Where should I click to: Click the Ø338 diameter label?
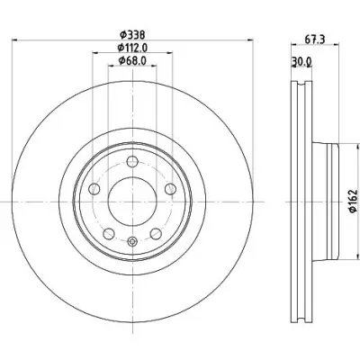click(132, 35)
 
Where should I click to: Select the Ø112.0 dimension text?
click(132, 48)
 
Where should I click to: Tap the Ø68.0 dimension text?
click(132, 61)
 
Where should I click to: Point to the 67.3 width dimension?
click(315, 40)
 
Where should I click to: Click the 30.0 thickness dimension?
click(301, 62)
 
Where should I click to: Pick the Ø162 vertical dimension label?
click(354, 201)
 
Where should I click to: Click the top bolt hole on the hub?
click(132, 162)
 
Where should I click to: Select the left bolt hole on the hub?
click(94, 189)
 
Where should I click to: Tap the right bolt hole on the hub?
click(170, 189)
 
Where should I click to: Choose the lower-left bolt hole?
click(109, 233)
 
